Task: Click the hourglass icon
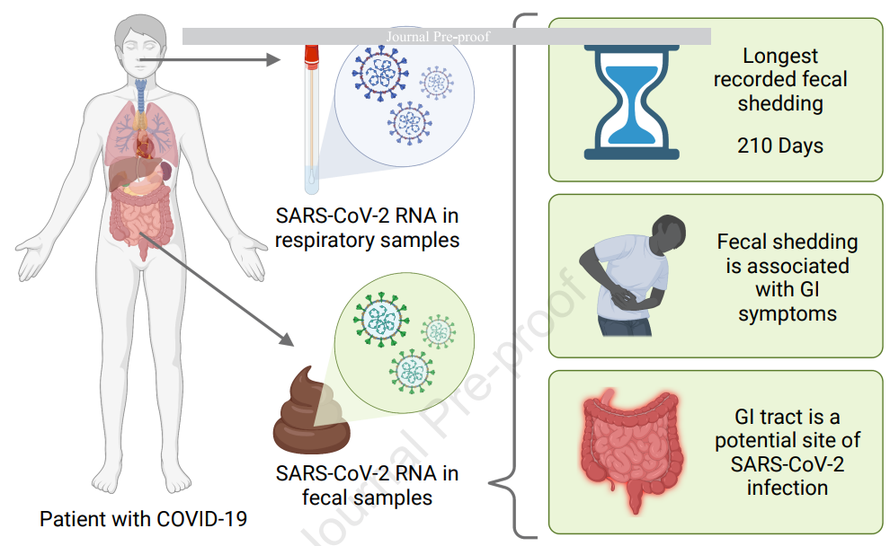632,102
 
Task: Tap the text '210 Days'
780,145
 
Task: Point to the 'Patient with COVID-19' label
143,519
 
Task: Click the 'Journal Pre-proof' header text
438,37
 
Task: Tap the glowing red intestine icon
631,451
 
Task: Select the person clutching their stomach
632,276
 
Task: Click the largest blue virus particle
379,73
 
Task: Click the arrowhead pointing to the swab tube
273,59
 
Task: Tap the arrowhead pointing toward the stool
287,339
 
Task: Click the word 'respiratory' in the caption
325,241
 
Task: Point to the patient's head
140,46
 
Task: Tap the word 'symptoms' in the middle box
788,314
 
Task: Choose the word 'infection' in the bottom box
788,488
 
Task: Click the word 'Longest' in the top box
780,57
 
